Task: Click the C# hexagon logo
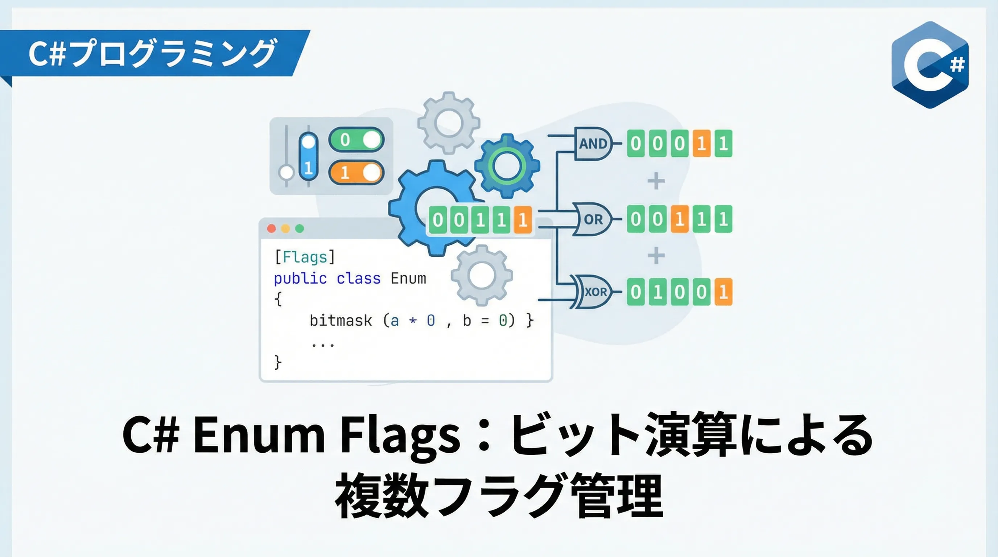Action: [x=930, y=65]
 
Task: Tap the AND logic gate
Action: [x=593, y=143]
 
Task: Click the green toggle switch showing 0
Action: [x=356, y=140]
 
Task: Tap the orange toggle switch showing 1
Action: [x=356, y=172]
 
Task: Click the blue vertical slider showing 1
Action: [x=308, y=157]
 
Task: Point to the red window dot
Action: [x=272, y=228]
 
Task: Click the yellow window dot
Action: [x=285, y=228]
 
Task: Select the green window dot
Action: [x=300, y=228]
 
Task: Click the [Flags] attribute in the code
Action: [x=305, y=257]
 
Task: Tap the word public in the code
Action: [x=300, y=278]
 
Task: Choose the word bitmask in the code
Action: [x=341, y=320]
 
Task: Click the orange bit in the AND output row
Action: [x=701, y=143]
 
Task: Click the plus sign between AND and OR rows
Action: [x=656, y=181]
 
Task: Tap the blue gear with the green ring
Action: [x=507, y=166]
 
